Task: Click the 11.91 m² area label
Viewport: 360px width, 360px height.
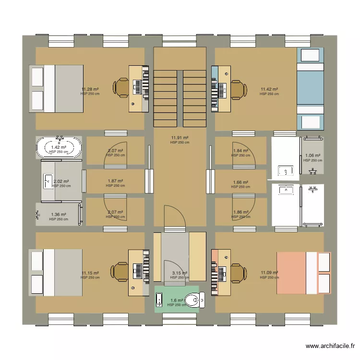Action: coord(180,138)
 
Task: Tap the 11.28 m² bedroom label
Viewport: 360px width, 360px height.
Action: coord(90,89)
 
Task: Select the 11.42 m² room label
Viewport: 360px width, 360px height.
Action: coord(269,89)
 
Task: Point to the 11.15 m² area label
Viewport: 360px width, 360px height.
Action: coord(90,273)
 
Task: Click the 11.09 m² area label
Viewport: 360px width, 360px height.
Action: coord(269,273)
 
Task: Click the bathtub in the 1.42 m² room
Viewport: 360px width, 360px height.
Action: coord(59,147)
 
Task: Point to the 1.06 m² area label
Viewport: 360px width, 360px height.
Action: coord(312,156)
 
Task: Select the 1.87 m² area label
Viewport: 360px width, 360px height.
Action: coord(115,181)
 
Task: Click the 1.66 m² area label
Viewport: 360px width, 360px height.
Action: coord(240,182)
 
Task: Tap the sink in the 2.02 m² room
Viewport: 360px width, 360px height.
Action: coord(48,181)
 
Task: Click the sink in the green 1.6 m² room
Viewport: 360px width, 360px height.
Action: coord(159,300)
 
